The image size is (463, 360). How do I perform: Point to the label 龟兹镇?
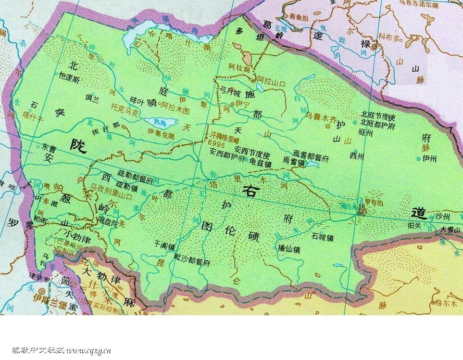[260, 164]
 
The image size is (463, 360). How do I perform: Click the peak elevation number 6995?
[217, 143]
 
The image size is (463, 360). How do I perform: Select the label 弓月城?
[230, 90]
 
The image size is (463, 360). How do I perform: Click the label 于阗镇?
[164, 245]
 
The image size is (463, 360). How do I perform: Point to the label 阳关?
[414, 224]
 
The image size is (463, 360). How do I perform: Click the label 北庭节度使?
[378, 116]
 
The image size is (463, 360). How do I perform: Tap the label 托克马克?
[124, 110]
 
